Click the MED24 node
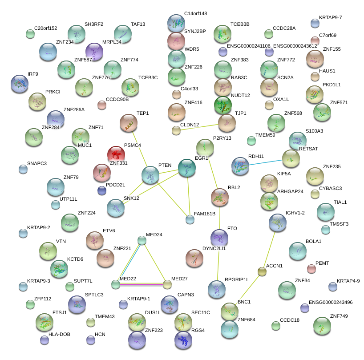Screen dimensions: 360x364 click(x=142, y=241)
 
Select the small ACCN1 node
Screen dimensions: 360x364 click(x=262, y=271)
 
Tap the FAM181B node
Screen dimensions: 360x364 click(x=190, y=219)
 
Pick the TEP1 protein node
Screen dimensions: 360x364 click(x=129, y=123)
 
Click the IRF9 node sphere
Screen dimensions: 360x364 click(x=20, y=83)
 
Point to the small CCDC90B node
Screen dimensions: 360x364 click(x=102, y=105)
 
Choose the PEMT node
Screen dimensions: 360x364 click(x=311, y=268)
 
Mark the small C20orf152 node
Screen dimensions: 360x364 click(x=30, y=33)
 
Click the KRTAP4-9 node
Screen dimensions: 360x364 click(x=332, y=287)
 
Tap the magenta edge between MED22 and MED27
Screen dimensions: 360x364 click(x=142, y=284)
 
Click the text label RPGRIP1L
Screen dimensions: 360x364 click(x=237, y=279)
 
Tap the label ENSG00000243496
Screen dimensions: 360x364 click(x=331, y=302)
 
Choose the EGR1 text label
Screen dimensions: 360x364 click(x=202, y=158)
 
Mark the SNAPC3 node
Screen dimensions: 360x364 click(x=23, y=169)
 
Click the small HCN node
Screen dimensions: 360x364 click(x=91, y=340)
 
